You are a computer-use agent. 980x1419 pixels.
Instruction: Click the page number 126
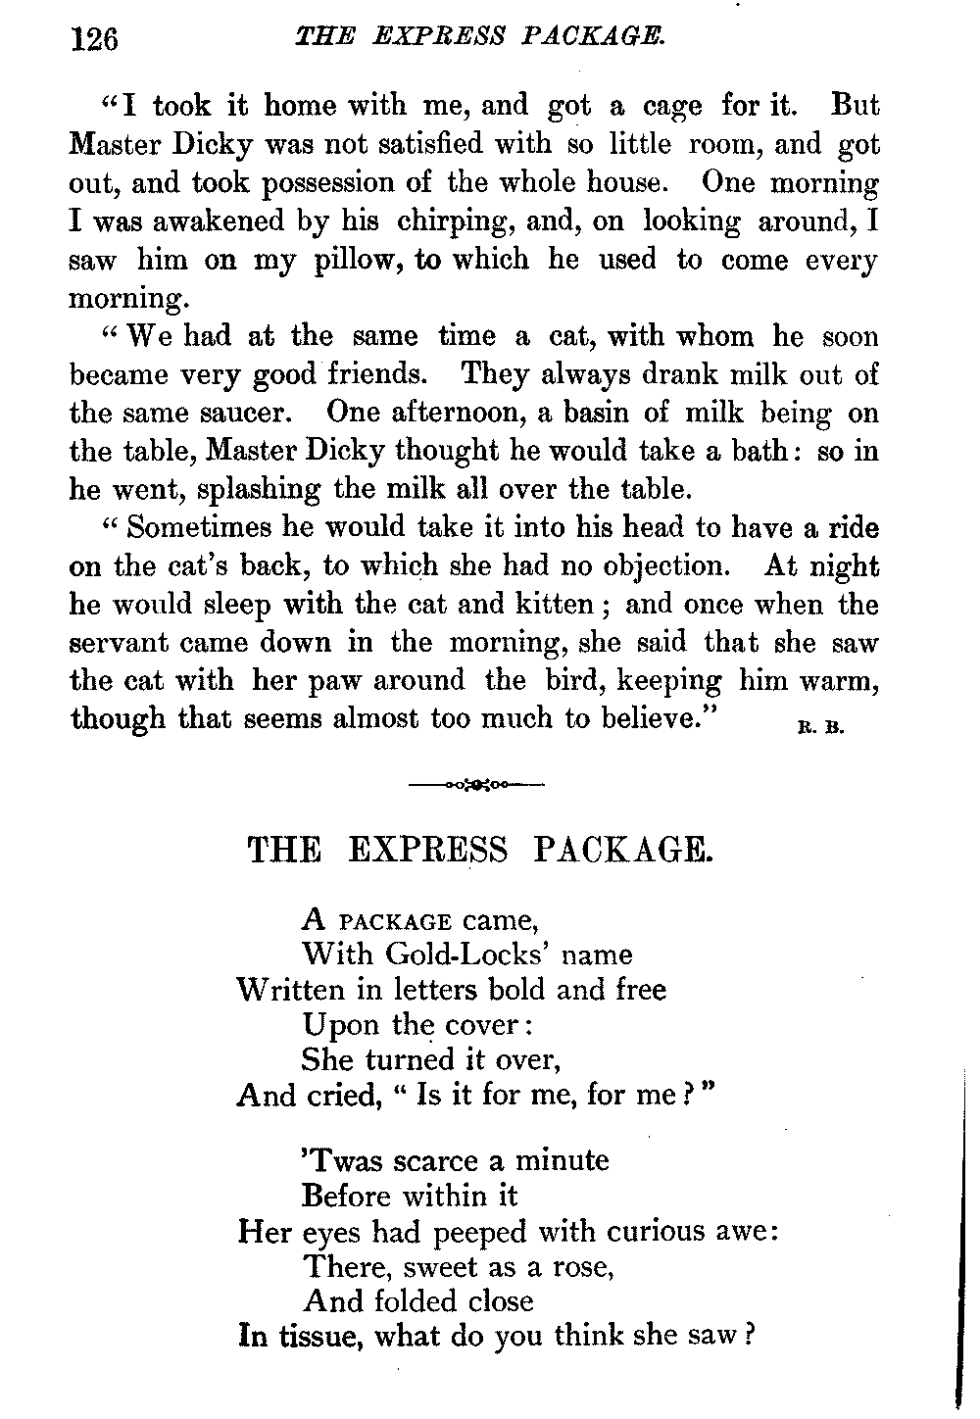click(x=94, y=40)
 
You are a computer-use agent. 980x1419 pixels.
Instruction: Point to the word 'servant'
click(x=120, y=643)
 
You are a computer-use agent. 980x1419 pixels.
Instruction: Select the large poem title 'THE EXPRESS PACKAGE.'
click(x=480, y=849)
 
